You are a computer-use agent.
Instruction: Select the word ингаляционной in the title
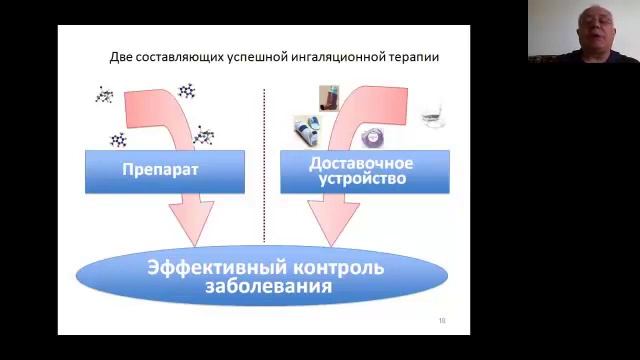(x=340, y=57)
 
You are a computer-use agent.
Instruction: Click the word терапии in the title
(x=415, y=57)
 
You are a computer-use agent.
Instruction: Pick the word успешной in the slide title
(x=254, y=57)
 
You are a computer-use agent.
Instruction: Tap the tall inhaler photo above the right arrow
(x=327, y=97)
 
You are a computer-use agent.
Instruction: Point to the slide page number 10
(x=442, y=320)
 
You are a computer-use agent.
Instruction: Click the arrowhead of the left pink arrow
(x=192, y=222)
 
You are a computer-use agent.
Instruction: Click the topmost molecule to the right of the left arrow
(x=187, y=91)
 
